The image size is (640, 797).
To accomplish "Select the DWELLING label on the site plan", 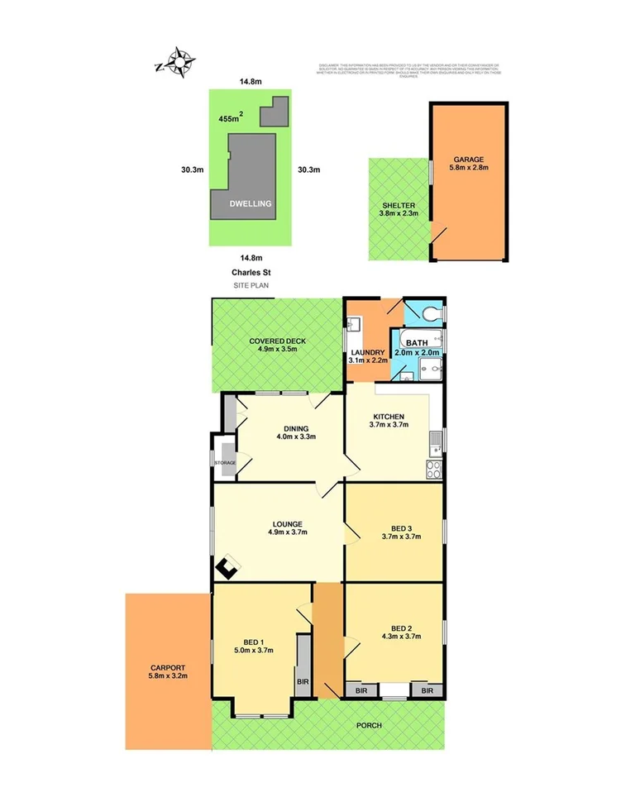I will pos(251,203).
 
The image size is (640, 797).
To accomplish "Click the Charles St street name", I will pos(251,272).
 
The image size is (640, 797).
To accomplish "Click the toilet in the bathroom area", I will pos(431,314).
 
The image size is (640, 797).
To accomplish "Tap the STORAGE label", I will pos(225,463).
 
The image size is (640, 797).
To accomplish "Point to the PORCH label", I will pos(369,725).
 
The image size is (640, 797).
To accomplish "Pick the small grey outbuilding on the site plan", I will pos(275,111).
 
